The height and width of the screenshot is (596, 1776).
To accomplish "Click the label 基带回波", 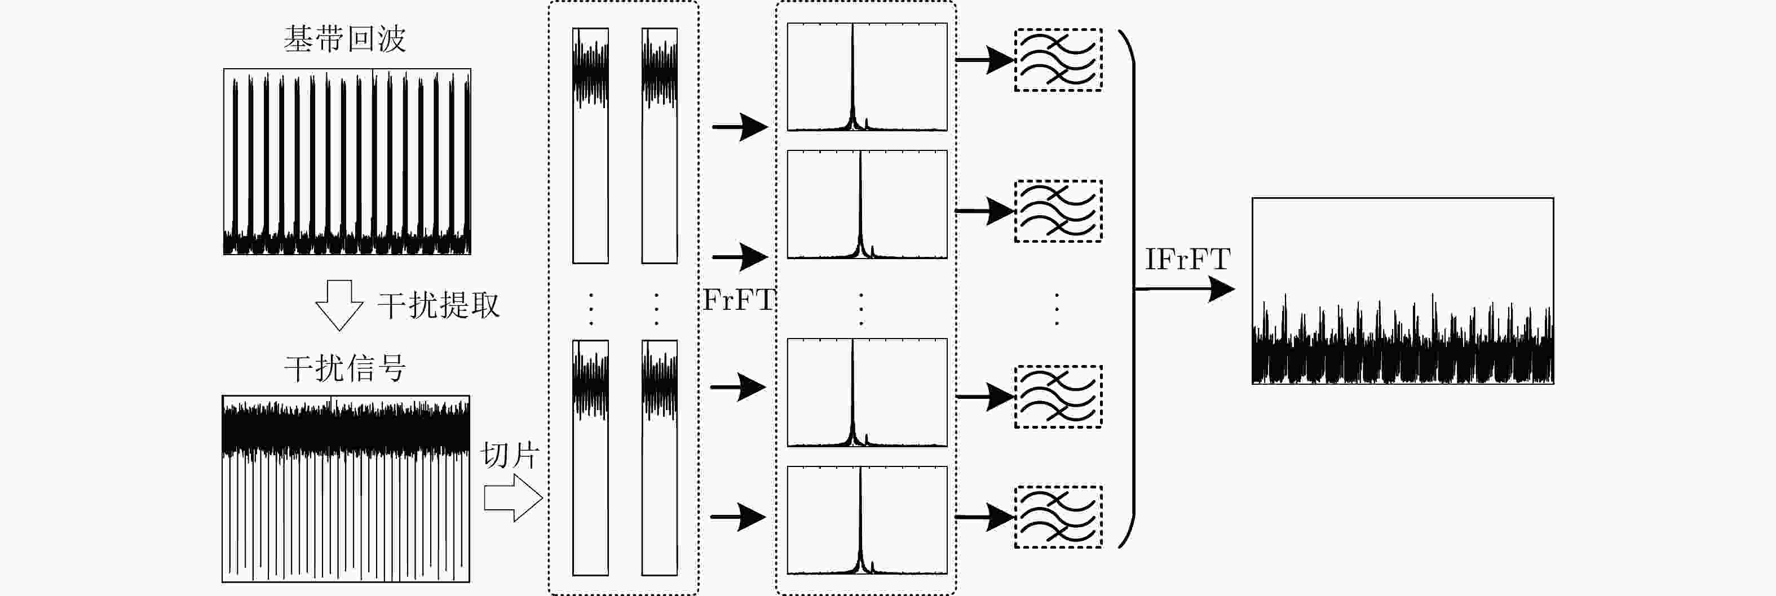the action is click(344, 39).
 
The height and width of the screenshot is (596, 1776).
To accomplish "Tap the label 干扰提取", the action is click(439, 305).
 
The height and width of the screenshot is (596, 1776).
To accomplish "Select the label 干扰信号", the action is click(344, 368).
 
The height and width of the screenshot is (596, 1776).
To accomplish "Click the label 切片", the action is click(510, 455).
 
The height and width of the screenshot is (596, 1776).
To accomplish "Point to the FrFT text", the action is click(739, 300).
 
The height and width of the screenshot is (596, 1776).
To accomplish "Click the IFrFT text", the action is click(1187, 260).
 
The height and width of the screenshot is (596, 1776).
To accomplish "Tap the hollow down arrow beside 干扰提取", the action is click(339, 305).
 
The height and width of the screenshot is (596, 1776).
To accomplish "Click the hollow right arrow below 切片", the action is click(513, 497).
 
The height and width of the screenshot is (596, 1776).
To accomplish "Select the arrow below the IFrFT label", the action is click(1185, 290).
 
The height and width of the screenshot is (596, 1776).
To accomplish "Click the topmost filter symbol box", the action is click(1058, 60).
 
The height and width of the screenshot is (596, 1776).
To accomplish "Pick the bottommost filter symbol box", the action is click(1058, 517).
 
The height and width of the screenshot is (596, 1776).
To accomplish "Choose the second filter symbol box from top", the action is click(1058, 211).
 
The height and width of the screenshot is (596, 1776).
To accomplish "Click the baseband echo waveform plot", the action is click(347, 162).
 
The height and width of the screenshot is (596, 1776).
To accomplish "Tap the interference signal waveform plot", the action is click(346, 488).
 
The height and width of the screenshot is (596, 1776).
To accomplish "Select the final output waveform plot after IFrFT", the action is click(1402, 291).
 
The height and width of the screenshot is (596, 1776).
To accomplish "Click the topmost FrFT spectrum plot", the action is click(867, 77).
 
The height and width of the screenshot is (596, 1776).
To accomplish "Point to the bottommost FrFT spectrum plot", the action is click(867, 520).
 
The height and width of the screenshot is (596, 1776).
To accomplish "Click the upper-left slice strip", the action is click(590, 145).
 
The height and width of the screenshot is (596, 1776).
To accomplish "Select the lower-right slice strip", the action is click(659, 457).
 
